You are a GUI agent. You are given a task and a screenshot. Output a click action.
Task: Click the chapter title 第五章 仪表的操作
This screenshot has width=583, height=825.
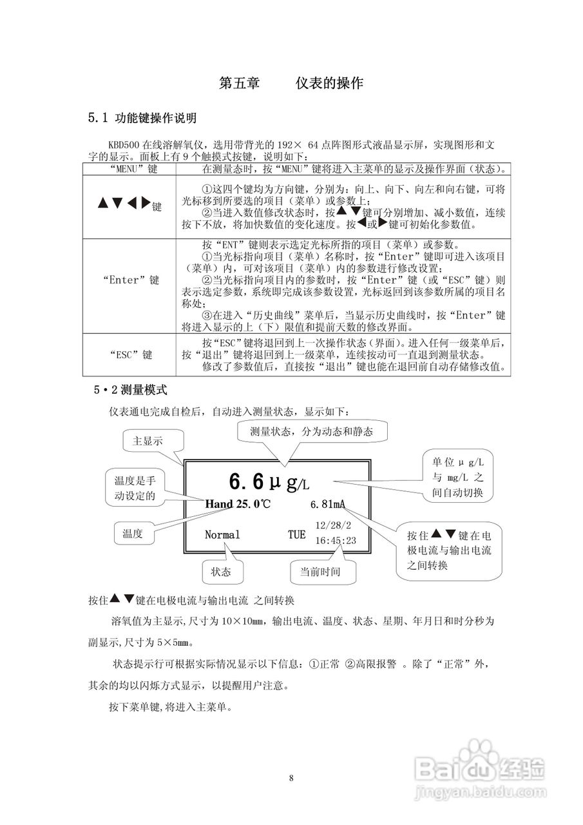(291, 83)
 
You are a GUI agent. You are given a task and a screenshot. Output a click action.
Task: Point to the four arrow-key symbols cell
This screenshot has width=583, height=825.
(129, 205)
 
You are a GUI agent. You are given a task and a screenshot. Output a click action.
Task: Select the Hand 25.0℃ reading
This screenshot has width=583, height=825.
(238, 503)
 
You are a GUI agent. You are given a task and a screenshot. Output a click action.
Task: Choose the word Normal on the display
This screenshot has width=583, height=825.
(222, 535)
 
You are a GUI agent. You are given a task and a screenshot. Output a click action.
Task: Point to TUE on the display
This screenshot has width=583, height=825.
(296, 535)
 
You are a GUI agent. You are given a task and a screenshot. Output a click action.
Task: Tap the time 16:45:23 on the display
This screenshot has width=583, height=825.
(335, 541)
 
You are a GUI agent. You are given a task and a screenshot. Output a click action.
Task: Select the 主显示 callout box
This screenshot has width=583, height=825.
(148, 442)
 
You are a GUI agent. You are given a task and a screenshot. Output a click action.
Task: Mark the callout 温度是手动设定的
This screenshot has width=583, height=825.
(135, 488)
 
